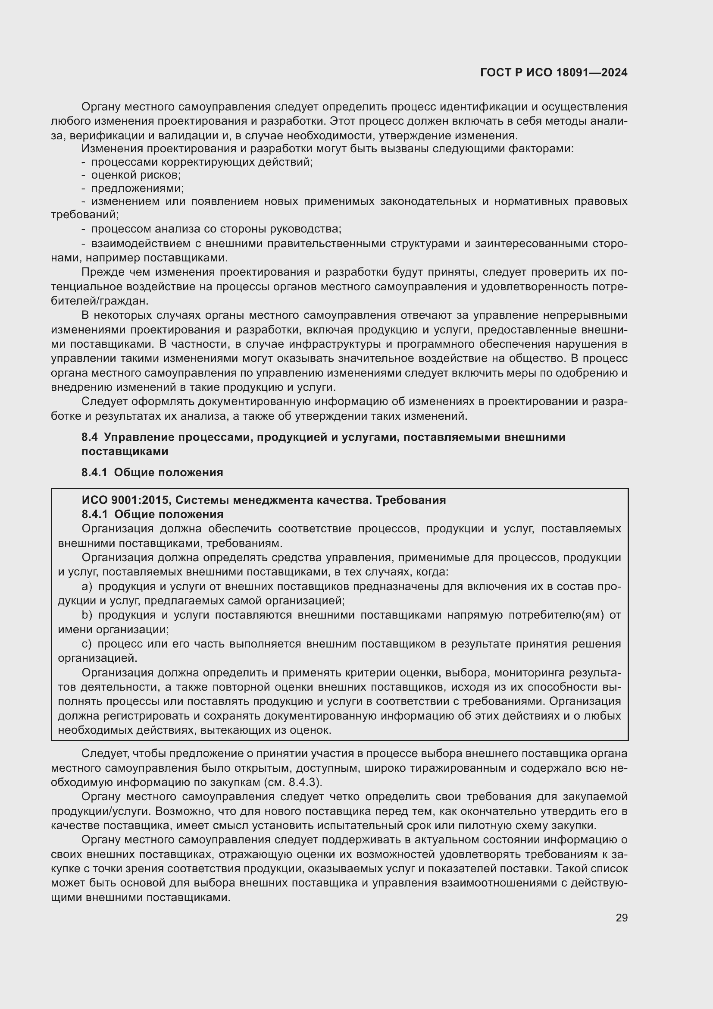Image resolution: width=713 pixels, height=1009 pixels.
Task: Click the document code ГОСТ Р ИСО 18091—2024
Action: tap(554, 73)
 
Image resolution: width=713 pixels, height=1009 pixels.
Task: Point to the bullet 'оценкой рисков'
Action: tap(136, 175)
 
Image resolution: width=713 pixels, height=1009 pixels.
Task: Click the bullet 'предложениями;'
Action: tap(138, 189)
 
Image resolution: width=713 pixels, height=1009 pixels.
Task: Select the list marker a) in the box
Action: tap(87, 587)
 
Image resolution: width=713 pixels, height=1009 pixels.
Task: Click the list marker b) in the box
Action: tap(87, 615)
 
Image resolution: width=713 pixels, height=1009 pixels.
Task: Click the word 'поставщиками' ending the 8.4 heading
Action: tap(125, 451)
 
